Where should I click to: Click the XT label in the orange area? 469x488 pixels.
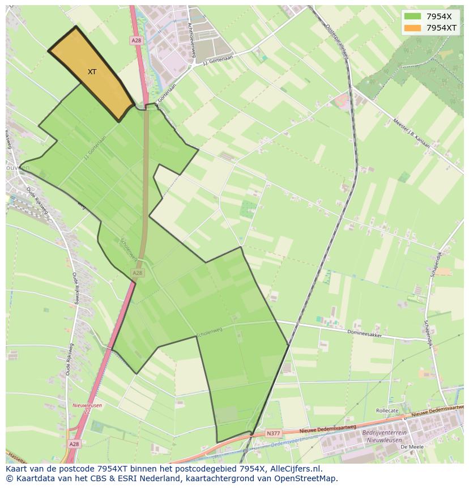92,72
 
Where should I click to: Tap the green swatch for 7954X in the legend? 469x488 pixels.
413,16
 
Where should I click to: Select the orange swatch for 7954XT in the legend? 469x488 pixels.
413,28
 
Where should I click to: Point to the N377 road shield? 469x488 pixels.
273,434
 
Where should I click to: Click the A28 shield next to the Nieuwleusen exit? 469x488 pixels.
74,445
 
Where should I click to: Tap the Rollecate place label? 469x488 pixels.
387,410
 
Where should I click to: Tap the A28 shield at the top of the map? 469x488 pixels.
136,40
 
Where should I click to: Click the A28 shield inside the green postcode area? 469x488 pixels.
138,273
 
